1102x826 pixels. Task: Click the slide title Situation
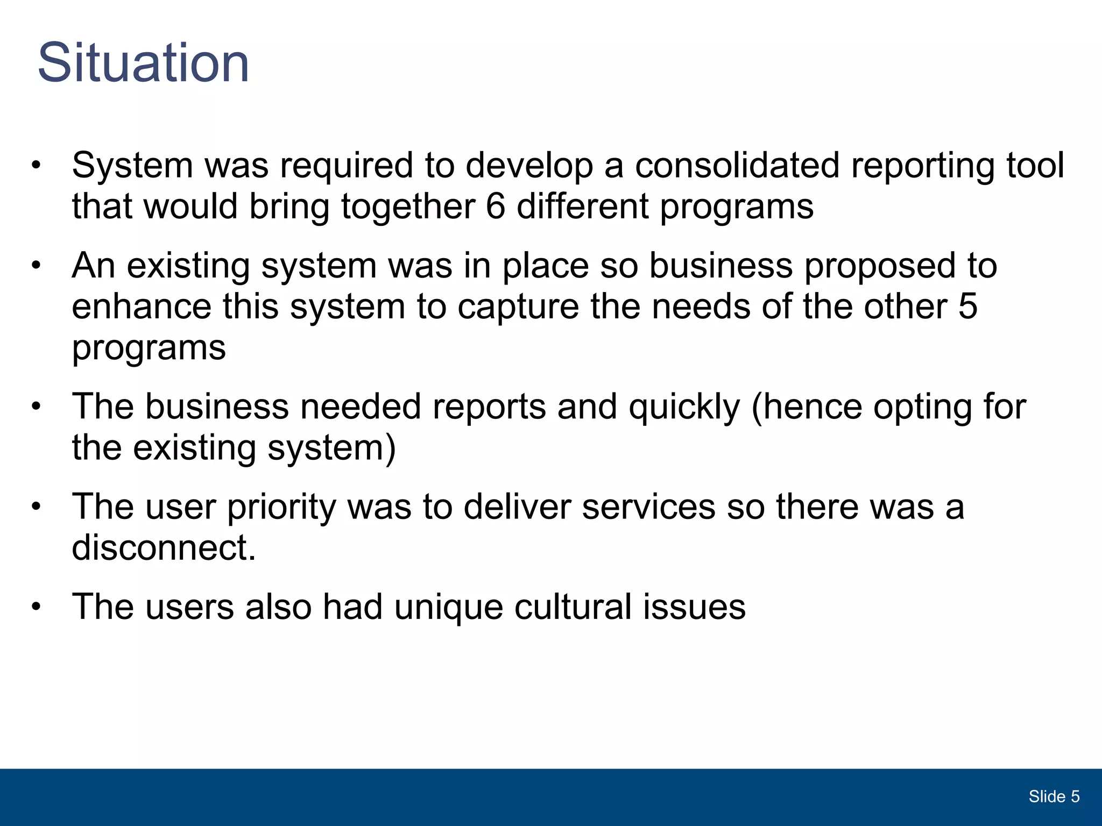pos(143,63)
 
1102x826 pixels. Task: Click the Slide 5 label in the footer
pos(1054,796)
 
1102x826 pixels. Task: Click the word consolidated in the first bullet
pos(737,165)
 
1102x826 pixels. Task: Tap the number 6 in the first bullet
pos(496,206)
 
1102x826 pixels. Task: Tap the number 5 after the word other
pos(967,307)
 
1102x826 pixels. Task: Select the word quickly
pos(684,408)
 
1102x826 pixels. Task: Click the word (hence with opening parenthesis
pos(807,407)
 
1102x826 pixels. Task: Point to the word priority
pos(281,508)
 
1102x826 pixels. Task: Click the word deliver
pos(517,507)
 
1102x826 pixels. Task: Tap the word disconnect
pos(164,548)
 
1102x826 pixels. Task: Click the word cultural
pos(573,607)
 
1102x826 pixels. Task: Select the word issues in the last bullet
pos(694,607)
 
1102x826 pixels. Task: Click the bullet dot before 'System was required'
pos(36,165)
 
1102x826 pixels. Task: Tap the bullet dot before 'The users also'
pos(36,607)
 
